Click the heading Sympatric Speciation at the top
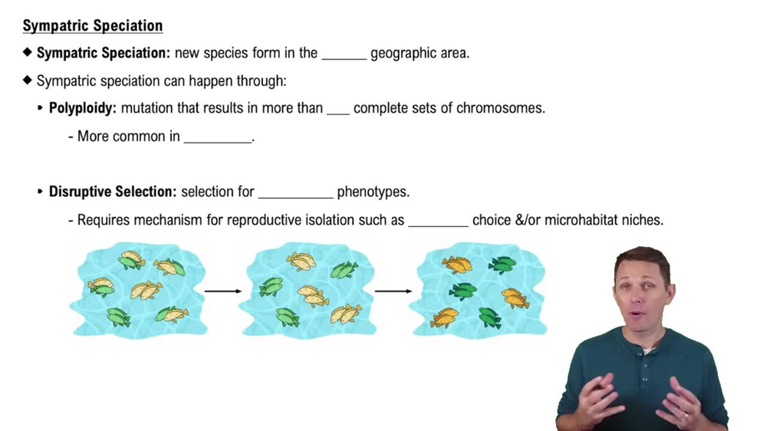(x=93, y=26)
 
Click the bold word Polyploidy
(x=82, y=108)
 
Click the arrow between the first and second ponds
(x=222, y=291)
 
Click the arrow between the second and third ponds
(x=393, y=291)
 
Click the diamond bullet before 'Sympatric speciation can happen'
(x=28, y=81)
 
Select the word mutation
(x=146, y=108)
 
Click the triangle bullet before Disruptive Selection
(x=41, y=192)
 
